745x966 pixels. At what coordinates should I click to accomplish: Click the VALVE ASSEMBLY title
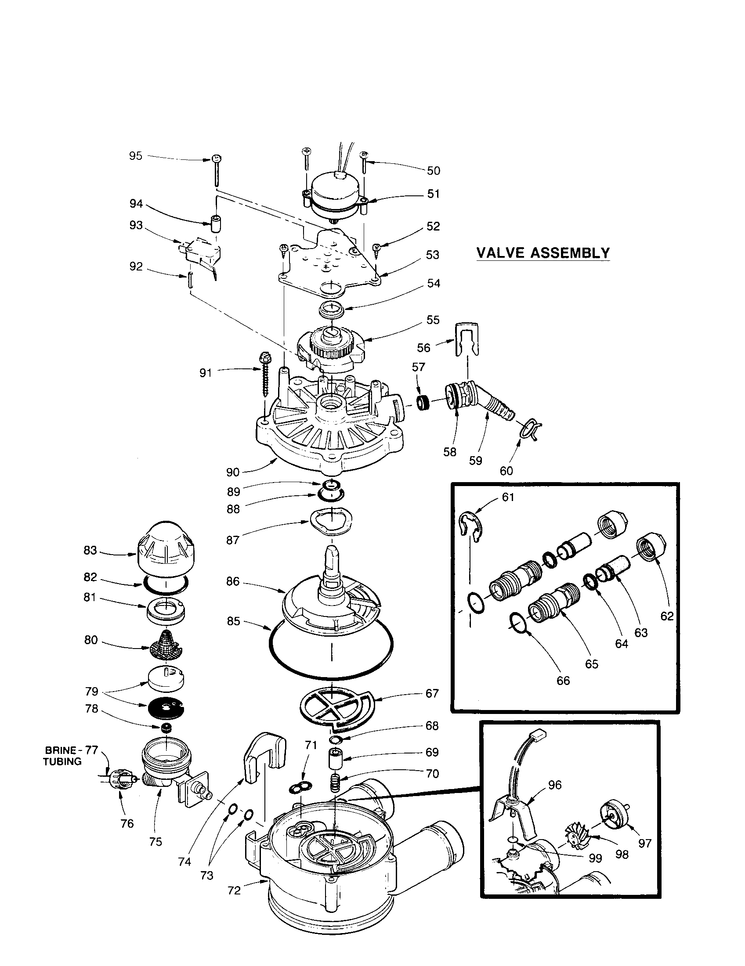[543, 253]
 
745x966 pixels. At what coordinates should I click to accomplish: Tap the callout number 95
[136, 156]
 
